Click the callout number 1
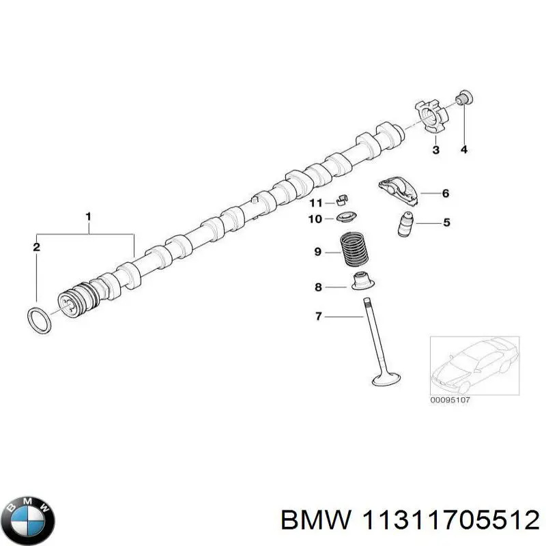(x=88, y=217)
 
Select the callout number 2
(x=36, y=246)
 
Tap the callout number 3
(x=436, y=149)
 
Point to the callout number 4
(x=463, y=149)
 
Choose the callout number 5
(x=446, y=222)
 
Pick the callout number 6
(x=445, y=194)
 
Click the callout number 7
(x=318, y=316)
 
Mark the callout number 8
(x=318, y=287)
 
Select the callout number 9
(x=318, y=253)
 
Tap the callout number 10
(x=315, y=219)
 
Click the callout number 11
(x=315, y=203)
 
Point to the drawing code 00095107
(x=450, y=400)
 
